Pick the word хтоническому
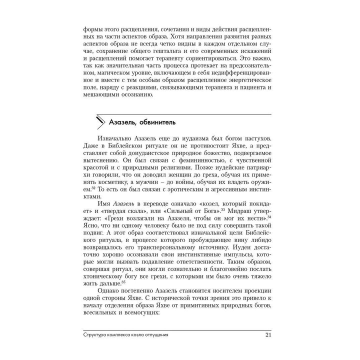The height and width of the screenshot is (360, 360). pos(104,278)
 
